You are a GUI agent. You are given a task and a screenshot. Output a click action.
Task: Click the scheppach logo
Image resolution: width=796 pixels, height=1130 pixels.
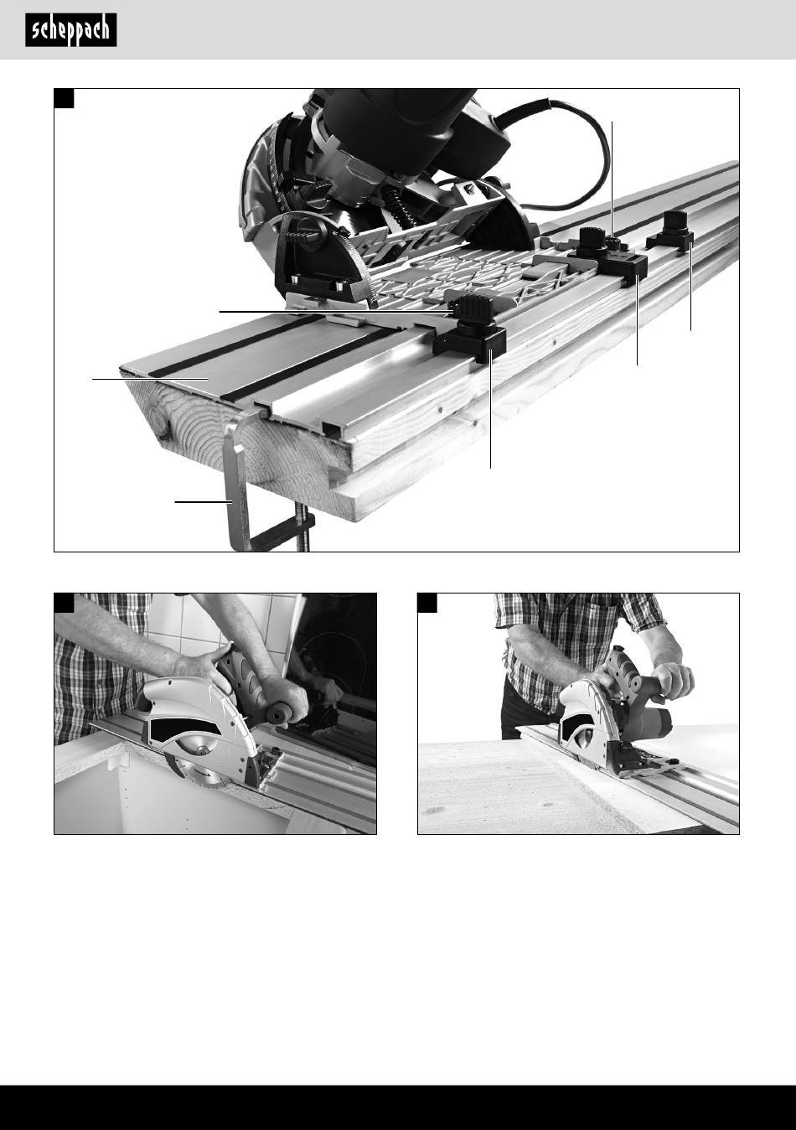point(71,30)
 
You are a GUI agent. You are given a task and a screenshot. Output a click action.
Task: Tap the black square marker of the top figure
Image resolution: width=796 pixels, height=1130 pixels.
point(64,98)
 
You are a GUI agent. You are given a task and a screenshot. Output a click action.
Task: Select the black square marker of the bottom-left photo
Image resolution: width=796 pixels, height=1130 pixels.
point(64,603)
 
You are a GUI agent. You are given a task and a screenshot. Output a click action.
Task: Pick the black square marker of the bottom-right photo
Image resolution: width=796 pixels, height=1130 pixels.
point(427,603)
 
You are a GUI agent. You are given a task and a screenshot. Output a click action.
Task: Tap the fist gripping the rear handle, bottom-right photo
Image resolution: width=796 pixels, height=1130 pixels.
point(673,680)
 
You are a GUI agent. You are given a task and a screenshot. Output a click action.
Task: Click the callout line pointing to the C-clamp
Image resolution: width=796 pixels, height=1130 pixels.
point(203,502)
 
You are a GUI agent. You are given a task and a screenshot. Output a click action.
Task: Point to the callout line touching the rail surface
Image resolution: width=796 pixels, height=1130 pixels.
point(150,378)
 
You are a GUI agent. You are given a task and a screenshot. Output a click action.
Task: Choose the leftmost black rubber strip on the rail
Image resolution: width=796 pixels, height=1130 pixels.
point(237,346)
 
